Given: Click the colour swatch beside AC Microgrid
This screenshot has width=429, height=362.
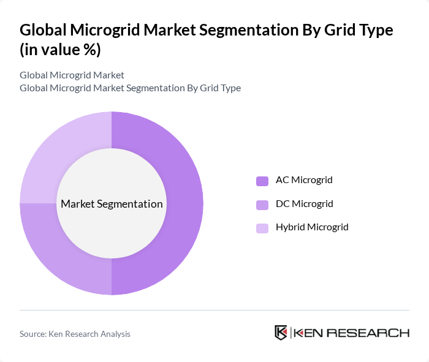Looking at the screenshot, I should [x=262, y=181].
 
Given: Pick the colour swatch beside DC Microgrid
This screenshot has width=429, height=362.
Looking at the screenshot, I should [x=262, y=204].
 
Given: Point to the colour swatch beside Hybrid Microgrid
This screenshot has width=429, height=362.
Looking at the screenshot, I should [x=262, y=228].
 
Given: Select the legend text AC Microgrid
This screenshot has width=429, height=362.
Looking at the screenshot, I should [x=304, y=180].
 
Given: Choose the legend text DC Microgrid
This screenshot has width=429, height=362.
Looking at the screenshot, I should [x=304, y=203].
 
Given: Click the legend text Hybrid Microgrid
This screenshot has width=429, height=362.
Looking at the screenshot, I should [x=311, y=227].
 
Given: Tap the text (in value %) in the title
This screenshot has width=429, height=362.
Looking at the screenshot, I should [x=60, y=49].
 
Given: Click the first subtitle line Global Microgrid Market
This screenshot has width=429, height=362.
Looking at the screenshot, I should [x=72, y=75].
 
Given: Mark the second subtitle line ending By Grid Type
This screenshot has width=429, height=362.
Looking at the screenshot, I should [x=130, y=88].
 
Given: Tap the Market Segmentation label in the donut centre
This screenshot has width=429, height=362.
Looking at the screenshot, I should [x=112, y=204].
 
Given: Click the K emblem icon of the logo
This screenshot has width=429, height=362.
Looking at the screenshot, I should [x=281, y=333].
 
